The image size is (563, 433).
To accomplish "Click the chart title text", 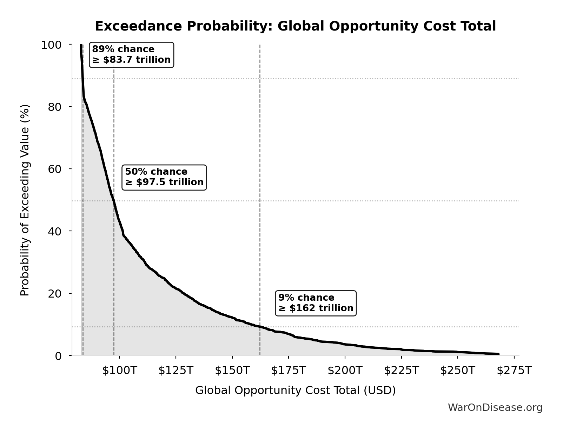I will (x=295, y=26).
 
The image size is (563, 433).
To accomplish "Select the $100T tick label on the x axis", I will (x=119, y=370).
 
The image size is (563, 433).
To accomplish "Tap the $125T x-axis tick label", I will (x=175, y=370).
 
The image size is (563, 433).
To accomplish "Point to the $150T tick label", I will (x=232, y=370).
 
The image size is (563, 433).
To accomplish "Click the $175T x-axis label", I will (x=289, y=370).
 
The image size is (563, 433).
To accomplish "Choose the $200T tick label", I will (x=345, y=370).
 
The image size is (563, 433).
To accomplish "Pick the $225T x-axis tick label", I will (x=401, y=370).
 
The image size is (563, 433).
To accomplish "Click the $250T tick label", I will (x=457, y=370).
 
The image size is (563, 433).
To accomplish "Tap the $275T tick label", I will (x=514, y=370).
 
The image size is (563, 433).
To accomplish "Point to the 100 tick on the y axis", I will (x=51, y=45).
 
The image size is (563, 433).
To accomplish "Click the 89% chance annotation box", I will (x=131, y=55).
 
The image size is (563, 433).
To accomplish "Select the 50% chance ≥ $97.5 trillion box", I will (x=164, y=177).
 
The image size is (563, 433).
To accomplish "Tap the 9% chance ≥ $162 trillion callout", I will (x=316, y=303).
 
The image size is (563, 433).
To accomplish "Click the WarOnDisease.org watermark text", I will (x=495, y=407).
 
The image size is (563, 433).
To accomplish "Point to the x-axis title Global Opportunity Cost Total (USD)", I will (x=295, y=390).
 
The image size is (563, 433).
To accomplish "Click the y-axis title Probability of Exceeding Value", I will (x=25, y=200).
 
